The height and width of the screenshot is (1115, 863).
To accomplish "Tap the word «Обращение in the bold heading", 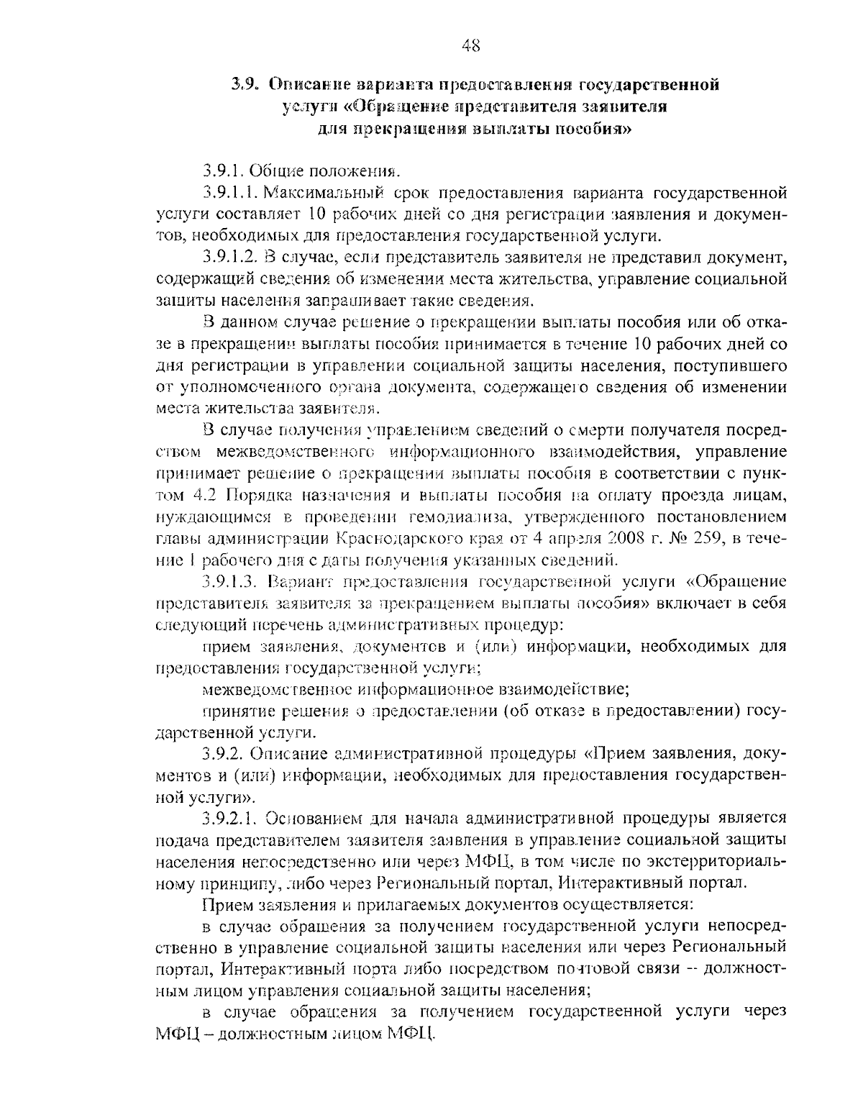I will pyautogui.click(x=378, y=107).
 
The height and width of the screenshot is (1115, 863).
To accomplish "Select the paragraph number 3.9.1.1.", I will pyautogui.click(x=229, y=194).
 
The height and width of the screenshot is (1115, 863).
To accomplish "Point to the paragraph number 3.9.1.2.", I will pyautogui.click(x=229, y=257).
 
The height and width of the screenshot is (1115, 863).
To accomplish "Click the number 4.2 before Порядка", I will pyautogui.click(x=208, y=495).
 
